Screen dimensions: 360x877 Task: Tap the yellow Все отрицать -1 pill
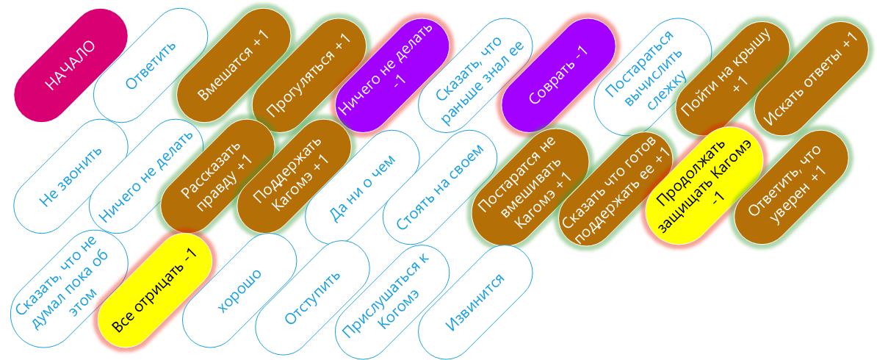tap(155, 290)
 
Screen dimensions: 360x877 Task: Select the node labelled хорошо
tap(239, 290)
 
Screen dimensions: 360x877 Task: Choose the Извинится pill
tap(475, 301)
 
